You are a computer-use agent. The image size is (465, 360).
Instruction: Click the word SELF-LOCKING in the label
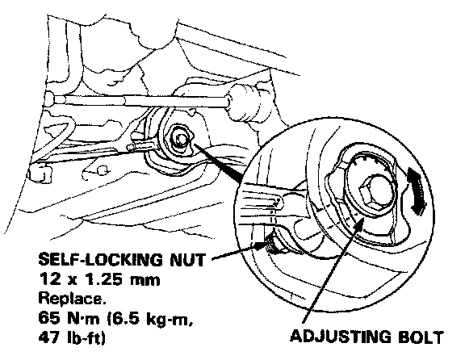click(x=101, y=259)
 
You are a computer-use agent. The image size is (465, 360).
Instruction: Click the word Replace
click(x=72, y=299)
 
